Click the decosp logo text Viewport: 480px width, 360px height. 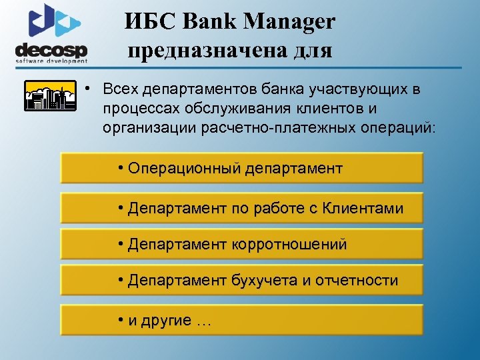51,50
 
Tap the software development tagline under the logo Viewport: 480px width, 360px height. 51,61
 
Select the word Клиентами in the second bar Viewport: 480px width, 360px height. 363,209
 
